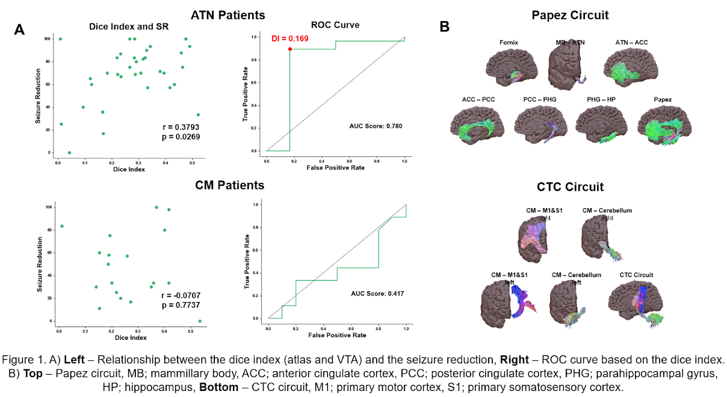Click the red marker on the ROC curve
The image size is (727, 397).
[x=290, y=49]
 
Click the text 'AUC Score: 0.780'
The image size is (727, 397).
[x=376, y=126]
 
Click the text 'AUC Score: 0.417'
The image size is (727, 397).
[x=377, y=294]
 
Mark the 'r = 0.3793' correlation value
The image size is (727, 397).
[x=181, y=127]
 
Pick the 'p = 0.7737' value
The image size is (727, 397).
[x=181, y=306]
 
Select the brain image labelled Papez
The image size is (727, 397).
[x=666, y=125]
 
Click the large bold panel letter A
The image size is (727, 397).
[x=20, y=30]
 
